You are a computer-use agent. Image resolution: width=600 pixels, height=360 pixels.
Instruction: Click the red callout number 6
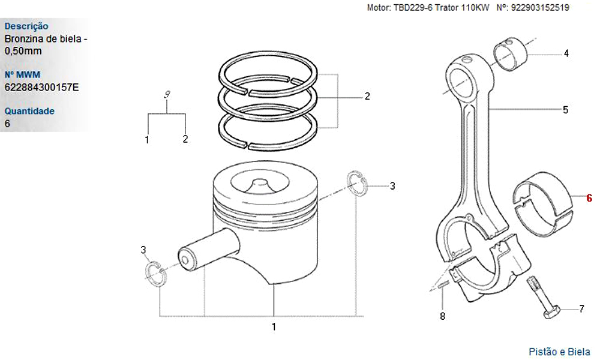tap(589, 197)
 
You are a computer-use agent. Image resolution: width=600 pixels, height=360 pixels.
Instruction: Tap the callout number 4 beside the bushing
tap(566, 53)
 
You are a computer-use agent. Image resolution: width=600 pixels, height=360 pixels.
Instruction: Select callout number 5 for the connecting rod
tap(566, 110)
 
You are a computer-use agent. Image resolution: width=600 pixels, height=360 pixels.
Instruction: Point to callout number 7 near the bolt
tap(581, 310)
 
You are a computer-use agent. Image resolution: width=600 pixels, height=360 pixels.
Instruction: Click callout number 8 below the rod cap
tap(443, 316)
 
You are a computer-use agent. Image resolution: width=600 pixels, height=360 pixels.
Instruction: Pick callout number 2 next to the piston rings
tap(367, 96)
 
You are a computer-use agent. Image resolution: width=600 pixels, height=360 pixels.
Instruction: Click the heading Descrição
tap(26, 26)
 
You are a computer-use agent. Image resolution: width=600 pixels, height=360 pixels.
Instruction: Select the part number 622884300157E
tap(41, 88)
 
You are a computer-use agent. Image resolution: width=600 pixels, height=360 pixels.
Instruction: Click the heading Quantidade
tap(29, 111)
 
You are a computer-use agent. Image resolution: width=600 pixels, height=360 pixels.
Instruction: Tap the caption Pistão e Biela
tap(559, 352)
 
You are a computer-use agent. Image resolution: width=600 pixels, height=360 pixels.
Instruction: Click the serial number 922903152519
tap(541, 8)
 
